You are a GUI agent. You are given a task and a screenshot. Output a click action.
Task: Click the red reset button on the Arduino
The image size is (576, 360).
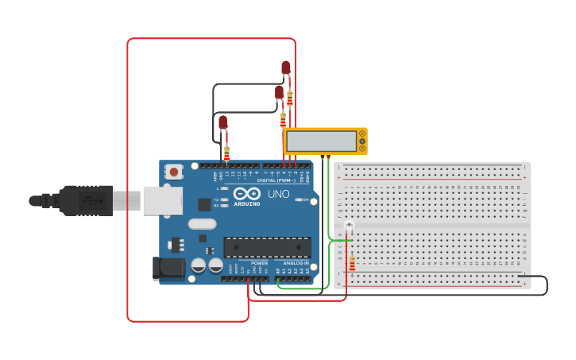[x=173, y=171]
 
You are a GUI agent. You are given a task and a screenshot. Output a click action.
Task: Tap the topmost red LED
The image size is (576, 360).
[x=286, y=68]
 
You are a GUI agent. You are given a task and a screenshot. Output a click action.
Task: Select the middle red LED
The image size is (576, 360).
[x=279, y=92]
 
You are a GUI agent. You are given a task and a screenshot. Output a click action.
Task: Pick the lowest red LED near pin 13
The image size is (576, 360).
[x=223, y=122]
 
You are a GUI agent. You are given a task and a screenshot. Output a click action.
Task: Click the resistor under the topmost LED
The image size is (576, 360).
[x=290, y=99]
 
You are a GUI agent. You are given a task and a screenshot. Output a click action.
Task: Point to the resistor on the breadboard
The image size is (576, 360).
[x=352, y=263]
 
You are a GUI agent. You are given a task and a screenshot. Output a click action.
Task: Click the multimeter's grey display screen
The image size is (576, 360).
[x=322, y=141]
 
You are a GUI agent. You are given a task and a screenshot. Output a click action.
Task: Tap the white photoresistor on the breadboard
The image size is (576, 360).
[x=349, y=226]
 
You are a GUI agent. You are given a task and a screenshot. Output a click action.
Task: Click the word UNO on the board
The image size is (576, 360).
[x=278, y=194]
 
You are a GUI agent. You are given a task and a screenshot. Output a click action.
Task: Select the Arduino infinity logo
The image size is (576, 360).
[x=247, y=193]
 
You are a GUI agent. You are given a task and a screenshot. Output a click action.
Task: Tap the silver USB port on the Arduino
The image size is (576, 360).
[x=162, y=200]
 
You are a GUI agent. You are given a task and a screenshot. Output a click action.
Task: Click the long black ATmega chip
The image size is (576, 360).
[x=267, y=247]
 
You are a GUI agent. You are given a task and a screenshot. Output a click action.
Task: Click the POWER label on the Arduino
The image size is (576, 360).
[x=259, y=263]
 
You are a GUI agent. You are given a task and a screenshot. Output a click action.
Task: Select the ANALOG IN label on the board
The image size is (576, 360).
[x=296, y=263]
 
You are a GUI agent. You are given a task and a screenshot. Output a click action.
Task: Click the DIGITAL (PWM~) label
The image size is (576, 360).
[x=276, y=180]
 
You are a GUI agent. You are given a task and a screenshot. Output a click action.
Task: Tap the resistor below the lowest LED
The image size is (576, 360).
[x=226, y=153]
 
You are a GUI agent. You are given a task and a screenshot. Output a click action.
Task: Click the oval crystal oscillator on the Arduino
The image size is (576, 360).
[x=202, y=224]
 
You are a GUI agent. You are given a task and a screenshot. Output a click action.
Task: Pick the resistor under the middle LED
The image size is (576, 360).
[x=283, y=119]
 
